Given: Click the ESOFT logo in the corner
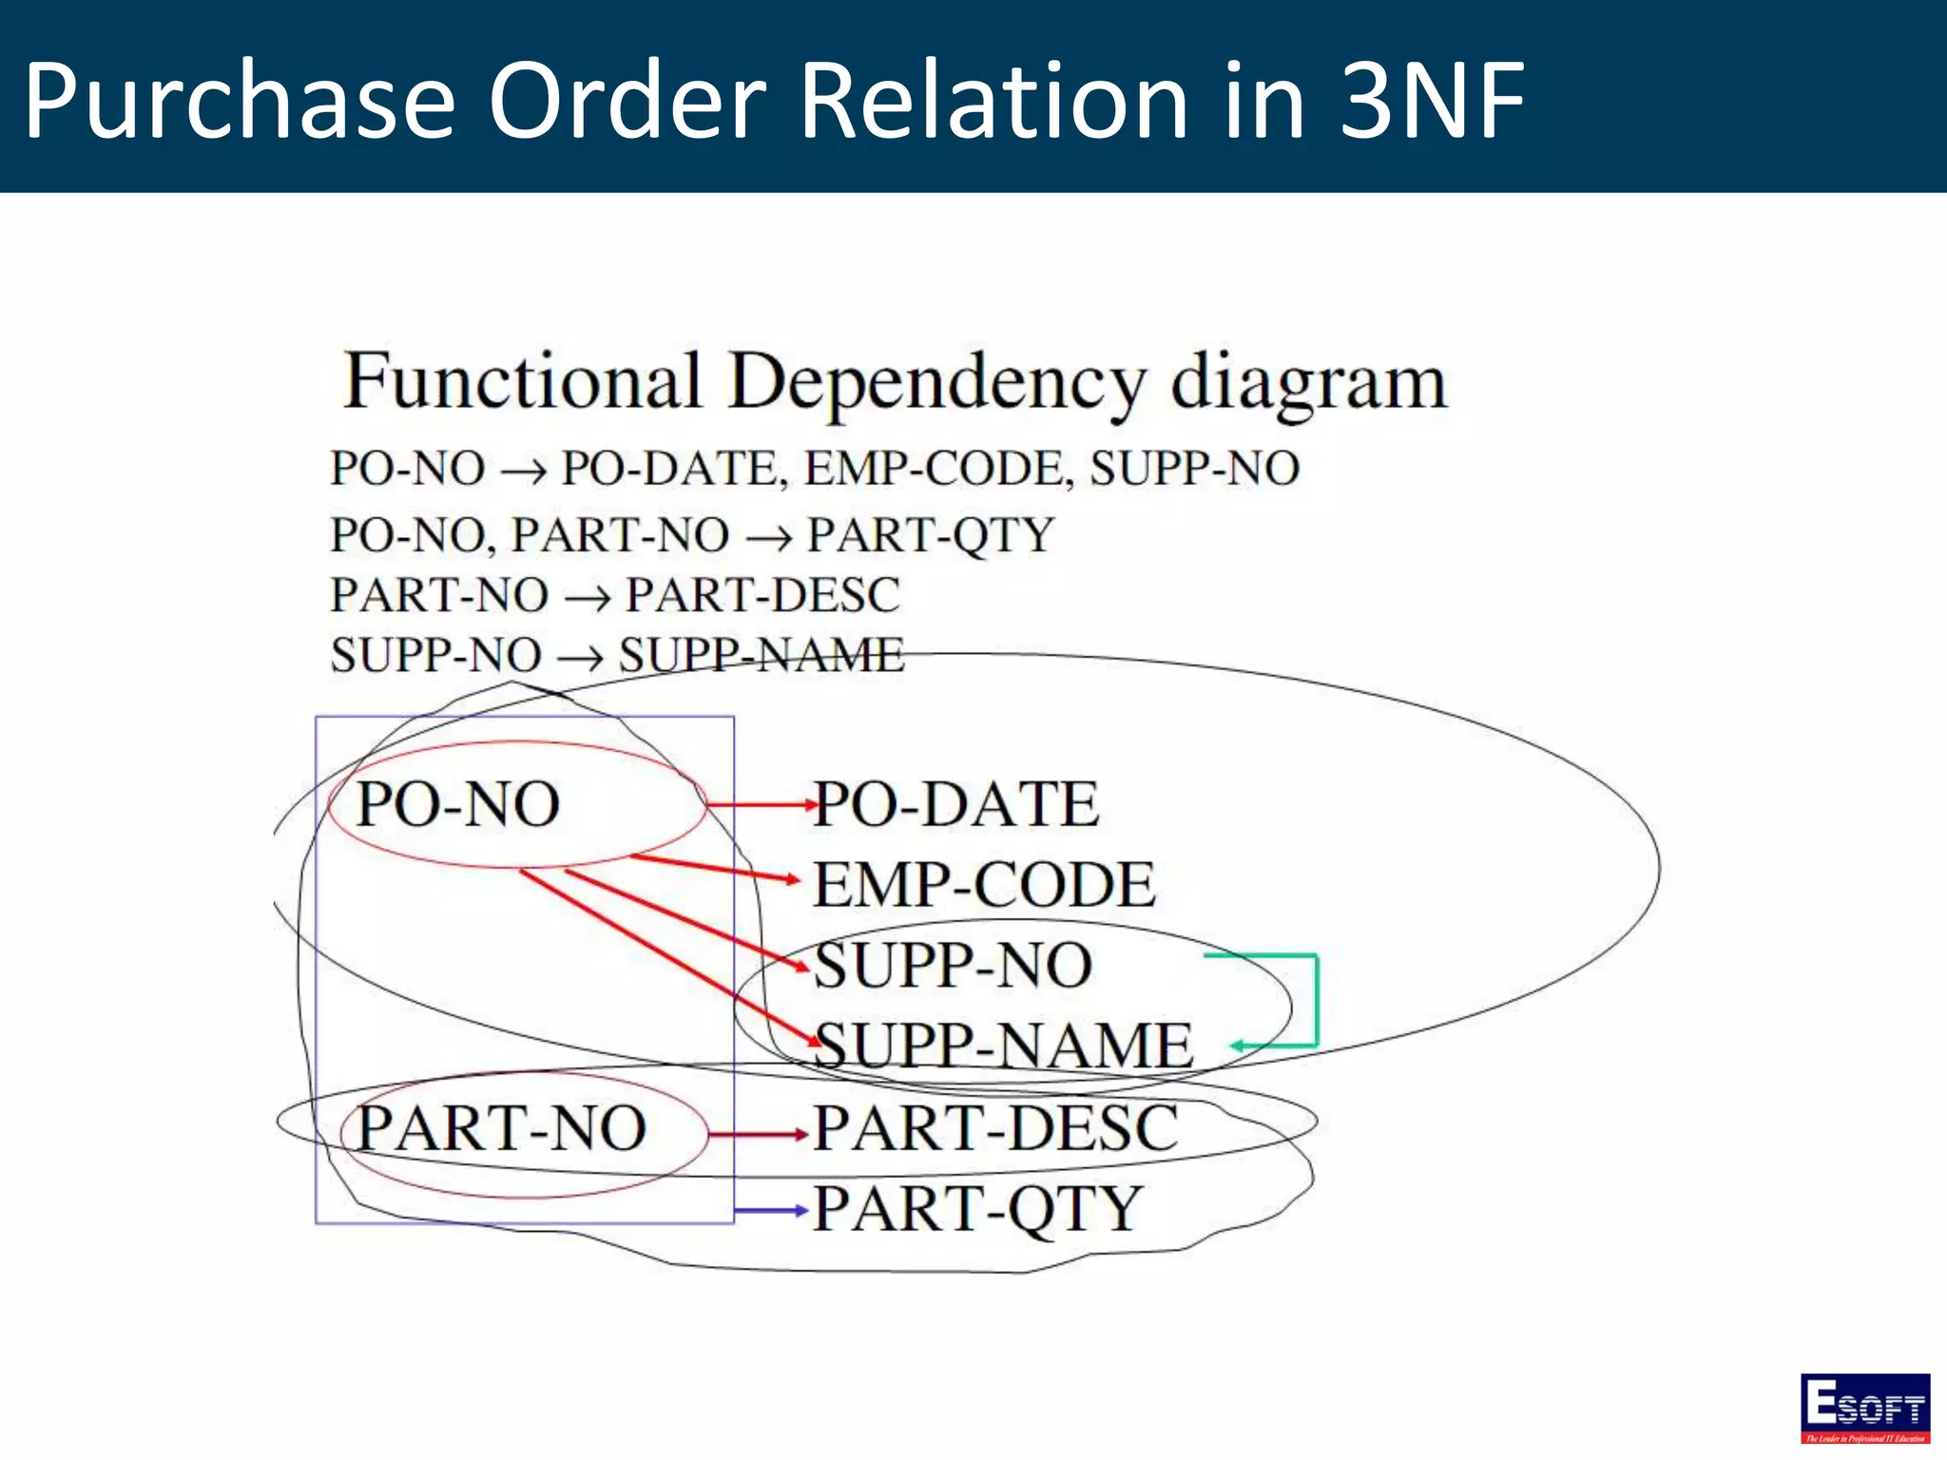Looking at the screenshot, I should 1864,1407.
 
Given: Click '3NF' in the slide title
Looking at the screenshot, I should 1431,100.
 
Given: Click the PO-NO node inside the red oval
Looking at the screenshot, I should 458,804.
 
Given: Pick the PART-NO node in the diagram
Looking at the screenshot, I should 501,1128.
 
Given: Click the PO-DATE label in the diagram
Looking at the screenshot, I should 956,804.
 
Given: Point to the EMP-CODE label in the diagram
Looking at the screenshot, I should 985,885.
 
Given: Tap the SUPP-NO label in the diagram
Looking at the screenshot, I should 954,966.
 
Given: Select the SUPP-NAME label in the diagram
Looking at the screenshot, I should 1004,1046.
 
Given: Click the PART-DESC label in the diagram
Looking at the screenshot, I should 996,1128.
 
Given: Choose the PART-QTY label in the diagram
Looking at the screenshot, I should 977,1209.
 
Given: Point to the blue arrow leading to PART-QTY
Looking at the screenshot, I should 770,1211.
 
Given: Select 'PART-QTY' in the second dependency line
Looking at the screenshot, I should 931,534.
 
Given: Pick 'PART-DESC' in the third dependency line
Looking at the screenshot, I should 761,596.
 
